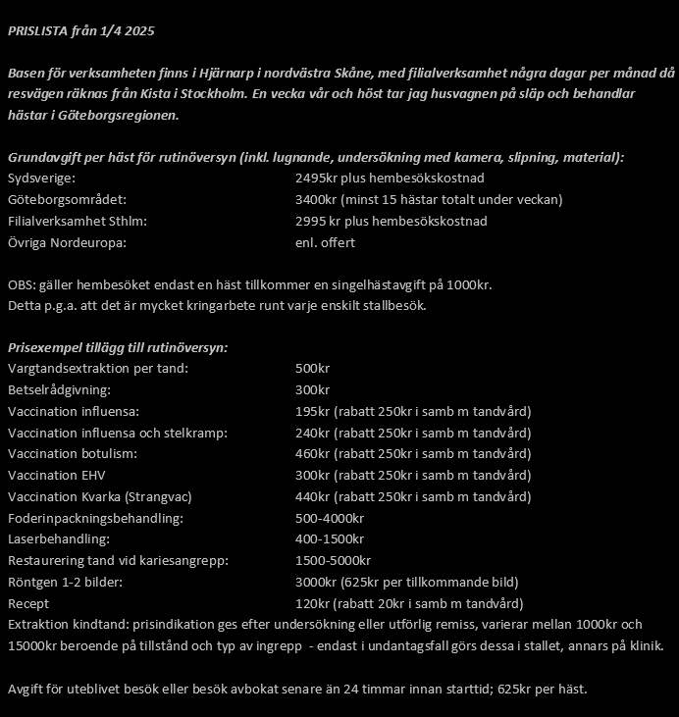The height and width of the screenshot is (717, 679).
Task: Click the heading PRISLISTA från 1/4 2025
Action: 80,30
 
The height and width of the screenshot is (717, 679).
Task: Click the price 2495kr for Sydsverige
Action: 316,179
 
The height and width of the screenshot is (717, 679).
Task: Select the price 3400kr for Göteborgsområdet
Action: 316,200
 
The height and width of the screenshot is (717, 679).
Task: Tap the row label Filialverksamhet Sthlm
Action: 76,222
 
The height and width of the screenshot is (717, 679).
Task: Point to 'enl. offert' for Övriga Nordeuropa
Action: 325,243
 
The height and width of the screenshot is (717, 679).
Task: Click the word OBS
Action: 21,285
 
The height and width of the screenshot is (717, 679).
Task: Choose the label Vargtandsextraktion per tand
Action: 97,369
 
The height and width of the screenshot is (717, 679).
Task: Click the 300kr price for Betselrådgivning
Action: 312,390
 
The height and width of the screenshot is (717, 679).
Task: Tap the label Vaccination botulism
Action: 72,454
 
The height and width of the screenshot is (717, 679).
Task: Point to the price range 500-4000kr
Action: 330,518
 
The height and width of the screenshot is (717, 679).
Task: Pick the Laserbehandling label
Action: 58,539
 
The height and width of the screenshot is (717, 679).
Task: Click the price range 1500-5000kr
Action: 333,561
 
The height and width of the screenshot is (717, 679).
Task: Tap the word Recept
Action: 28,603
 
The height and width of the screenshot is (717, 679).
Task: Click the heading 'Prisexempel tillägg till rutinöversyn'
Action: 118,348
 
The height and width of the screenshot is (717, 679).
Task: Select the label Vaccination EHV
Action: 56,476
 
